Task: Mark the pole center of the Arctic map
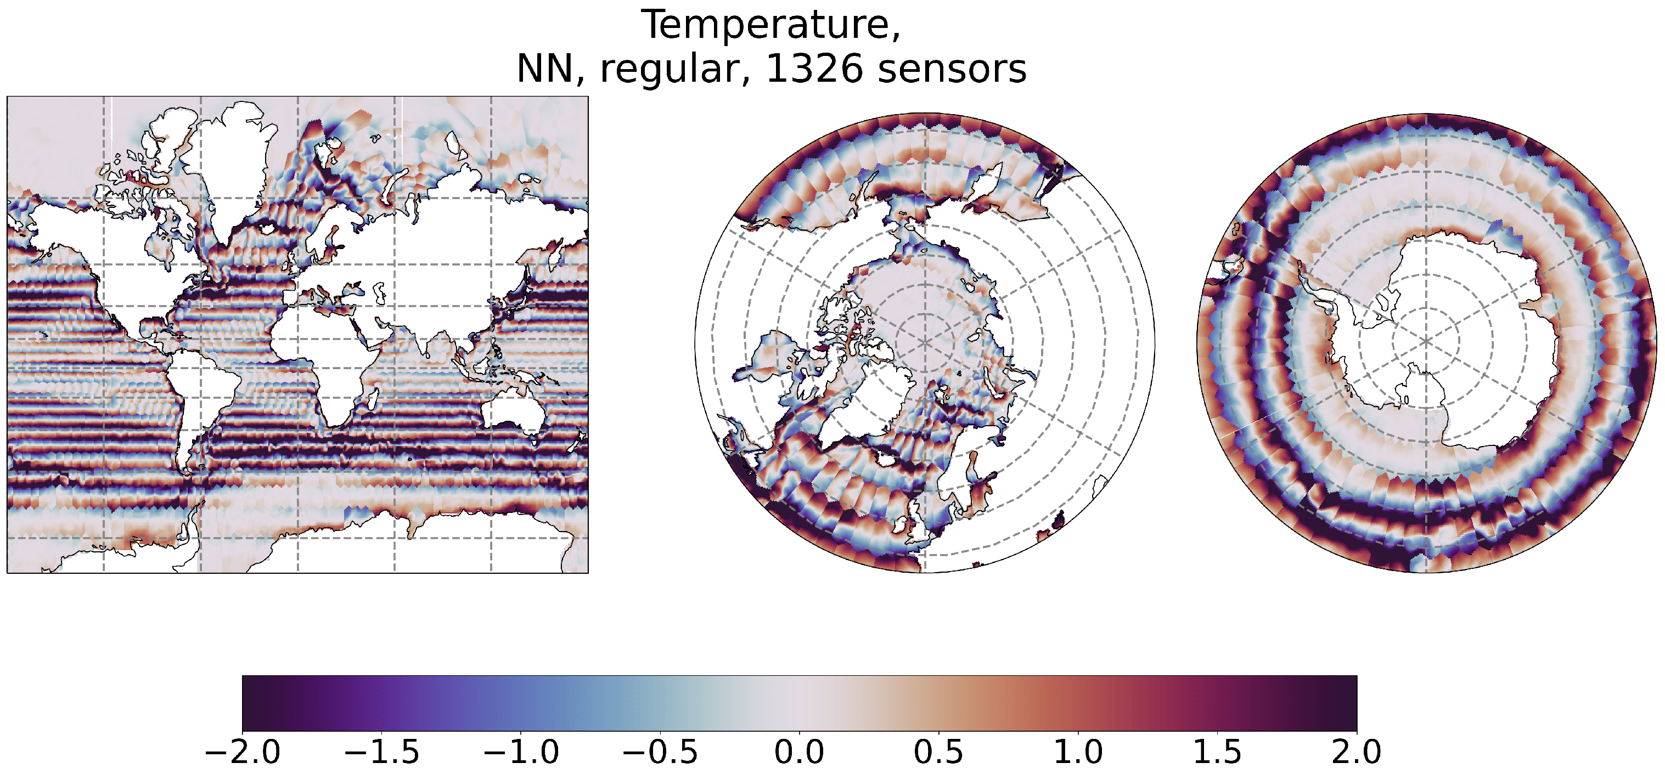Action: click(925, 342)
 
